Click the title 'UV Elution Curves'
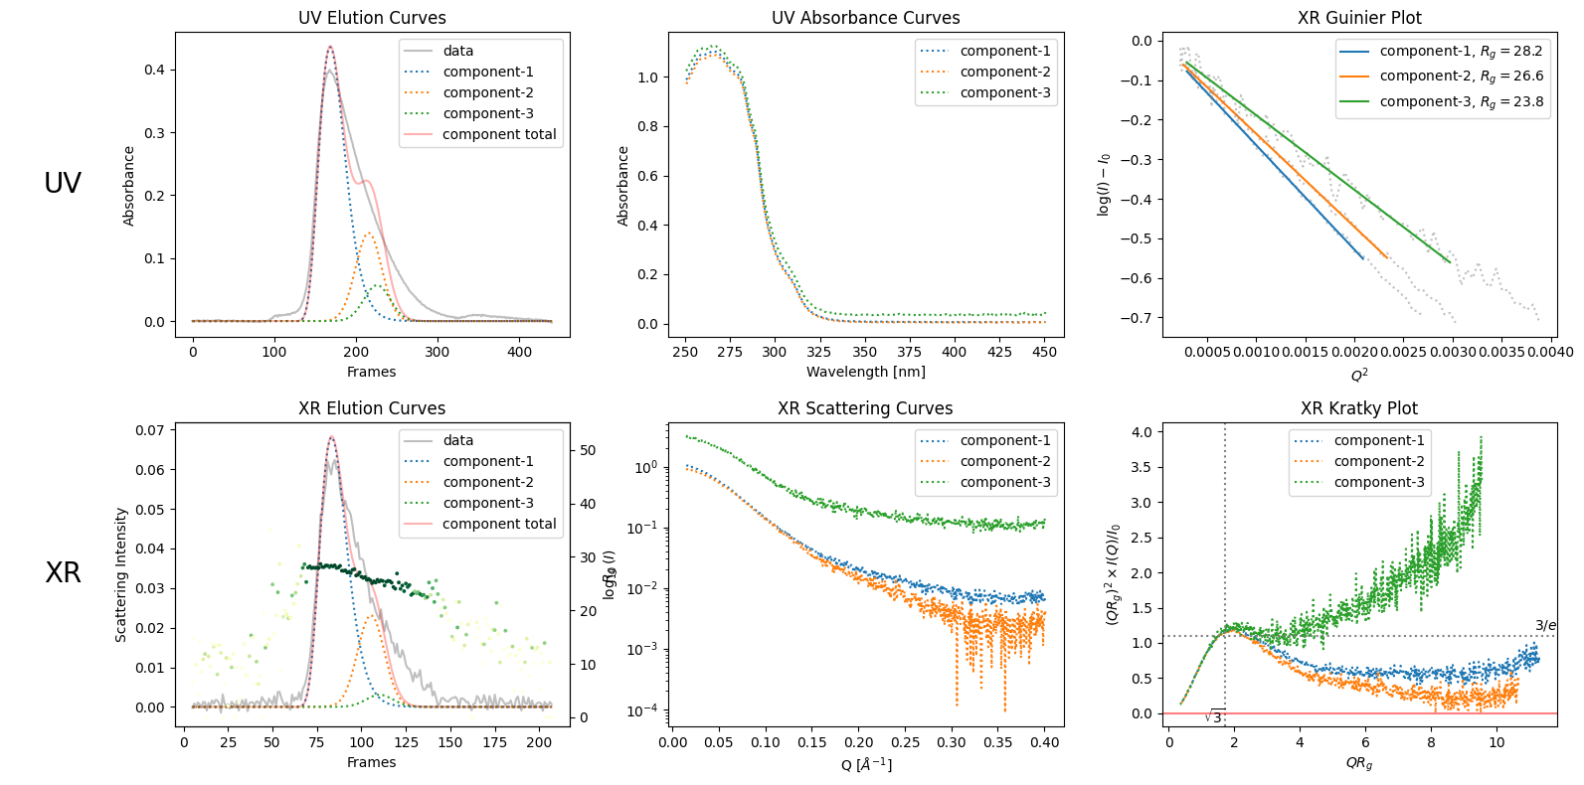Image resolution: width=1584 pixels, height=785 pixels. pos(372,18)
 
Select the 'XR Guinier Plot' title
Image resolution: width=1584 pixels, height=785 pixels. pos(1359,18)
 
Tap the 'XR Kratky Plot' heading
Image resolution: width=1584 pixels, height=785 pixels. pos(1359,408)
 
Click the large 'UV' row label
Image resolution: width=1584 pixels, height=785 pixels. pos(63,183)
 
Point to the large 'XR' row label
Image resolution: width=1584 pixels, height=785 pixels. pos(63,572)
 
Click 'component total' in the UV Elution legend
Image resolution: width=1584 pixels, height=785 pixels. pos(499,134)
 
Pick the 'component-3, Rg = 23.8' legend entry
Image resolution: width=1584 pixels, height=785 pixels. pos(1461,101)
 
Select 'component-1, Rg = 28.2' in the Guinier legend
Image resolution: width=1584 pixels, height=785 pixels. pos(1461,51)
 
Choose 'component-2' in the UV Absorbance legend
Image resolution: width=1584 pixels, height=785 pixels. pos(1004,72)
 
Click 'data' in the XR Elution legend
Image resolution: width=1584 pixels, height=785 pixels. pos(458,440)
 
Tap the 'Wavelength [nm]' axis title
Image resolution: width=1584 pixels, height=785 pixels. pos(865,372)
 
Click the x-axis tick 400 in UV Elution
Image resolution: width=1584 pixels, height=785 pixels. pos(519,352)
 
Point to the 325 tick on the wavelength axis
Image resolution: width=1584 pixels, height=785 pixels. pos(819,352)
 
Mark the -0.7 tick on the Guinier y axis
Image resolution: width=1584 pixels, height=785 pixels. pos(1140,318)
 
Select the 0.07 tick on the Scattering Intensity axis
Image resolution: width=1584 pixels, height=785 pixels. pos(150,430)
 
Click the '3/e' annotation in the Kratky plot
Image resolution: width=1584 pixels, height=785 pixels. pos(1545,626)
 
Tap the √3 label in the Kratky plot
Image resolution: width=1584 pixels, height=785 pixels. pos(1214,717)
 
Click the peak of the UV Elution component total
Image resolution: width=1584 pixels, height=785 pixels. pos(330,47)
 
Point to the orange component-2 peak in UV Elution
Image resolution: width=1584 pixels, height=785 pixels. pos(369,234)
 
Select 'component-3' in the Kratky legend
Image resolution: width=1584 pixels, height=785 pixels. pos(1378,482)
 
